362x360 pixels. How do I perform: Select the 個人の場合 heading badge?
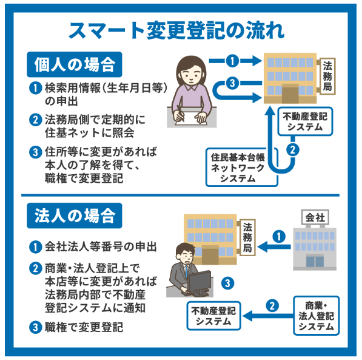click(x=74, y=64)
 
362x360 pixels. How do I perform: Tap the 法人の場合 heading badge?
click(x=74, y=216)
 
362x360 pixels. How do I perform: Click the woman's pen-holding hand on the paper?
click(x=182, y=114)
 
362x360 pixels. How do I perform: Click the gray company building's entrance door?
click(x=314, y=262)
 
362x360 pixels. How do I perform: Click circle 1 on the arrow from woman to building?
click(x=231, y=61)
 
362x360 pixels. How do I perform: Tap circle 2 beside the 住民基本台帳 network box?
click(x=293, y=149)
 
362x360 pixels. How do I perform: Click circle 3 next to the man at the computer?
click(x=227, y=282)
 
